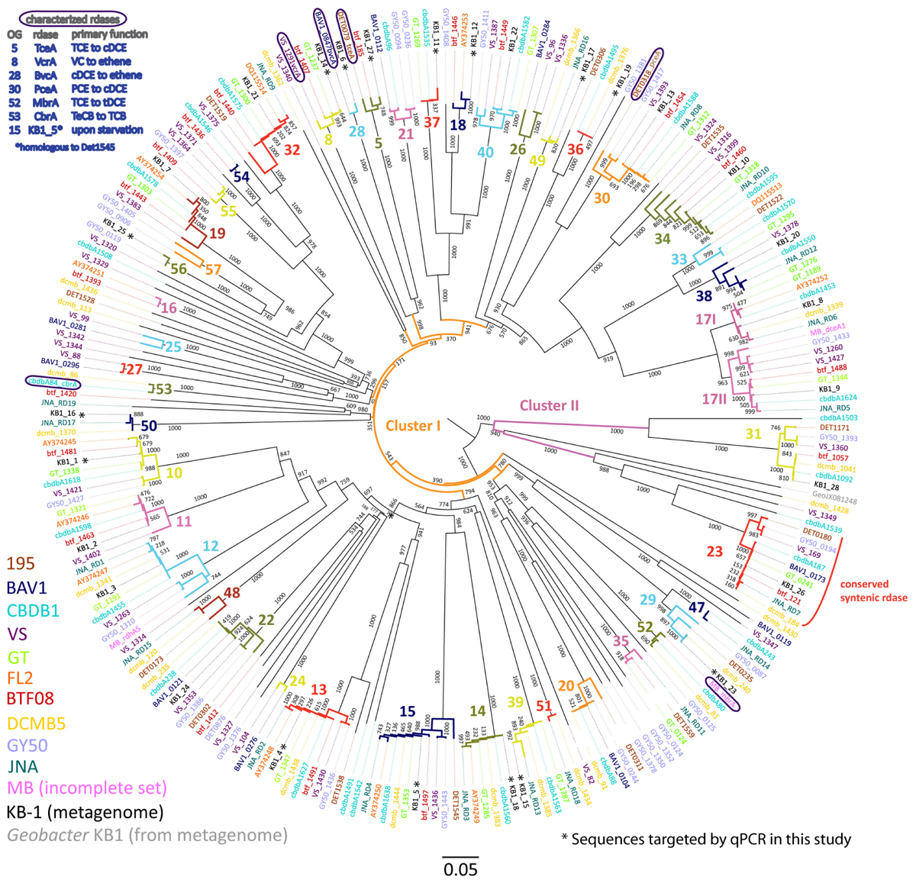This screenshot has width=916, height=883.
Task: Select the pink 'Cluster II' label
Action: pos(550,405)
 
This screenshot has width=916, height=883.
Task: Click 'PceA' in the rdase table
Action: pos(45,89)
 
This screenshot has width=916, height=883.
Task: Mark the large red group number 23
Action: pos(715,551)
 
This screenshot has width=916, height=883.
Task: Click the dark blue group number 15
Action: pos(408,711)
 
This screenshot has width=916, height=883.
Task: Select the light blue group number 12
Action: pos(211,546)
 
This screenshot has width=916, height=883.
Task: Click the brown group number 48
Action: pos(231,592)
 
